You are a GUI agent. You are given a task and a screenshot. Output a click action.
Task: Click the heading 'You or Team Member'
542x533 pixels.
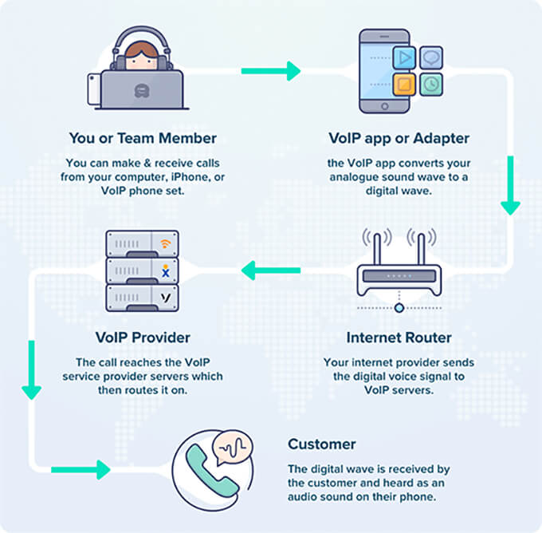(142, 138)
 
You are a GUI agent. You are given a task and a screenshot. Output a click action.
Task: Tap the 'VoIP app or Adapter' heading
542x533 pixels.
(399, 138)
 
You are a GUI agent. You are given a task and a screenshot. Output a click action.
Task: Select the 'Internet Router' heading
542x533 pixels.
(399, 338)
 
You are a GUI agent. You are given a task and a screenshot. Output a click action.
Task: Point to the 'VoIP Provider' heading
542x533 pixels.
(142, 338)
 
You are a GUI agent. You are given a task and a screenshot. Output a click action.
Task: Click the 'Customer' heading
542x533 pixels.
(322, 444)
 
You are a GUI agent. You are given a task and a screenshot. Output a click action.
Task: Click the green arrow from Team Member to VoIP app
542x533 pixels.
(271, 71)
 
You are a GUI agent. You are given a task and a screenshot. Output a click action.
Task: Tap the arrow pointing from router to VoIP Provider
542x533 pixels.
(271, 272)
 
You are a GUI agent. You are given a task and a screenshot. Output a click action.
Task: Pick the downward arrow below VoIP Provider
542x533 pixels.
(32, 375)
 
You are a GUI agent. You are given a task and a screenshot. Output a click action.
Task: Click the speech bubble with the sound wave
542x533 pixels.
(236, 448)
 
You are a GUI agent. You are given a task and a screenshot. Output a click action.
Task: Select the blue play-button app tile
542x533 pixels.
(406, 58)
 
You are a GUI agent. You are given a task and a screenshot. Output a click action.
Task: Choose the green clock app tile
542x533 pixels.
(431, 83)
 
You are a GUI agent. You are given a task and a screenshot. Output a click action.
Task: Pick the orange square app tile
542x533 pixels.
(406, 83)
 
